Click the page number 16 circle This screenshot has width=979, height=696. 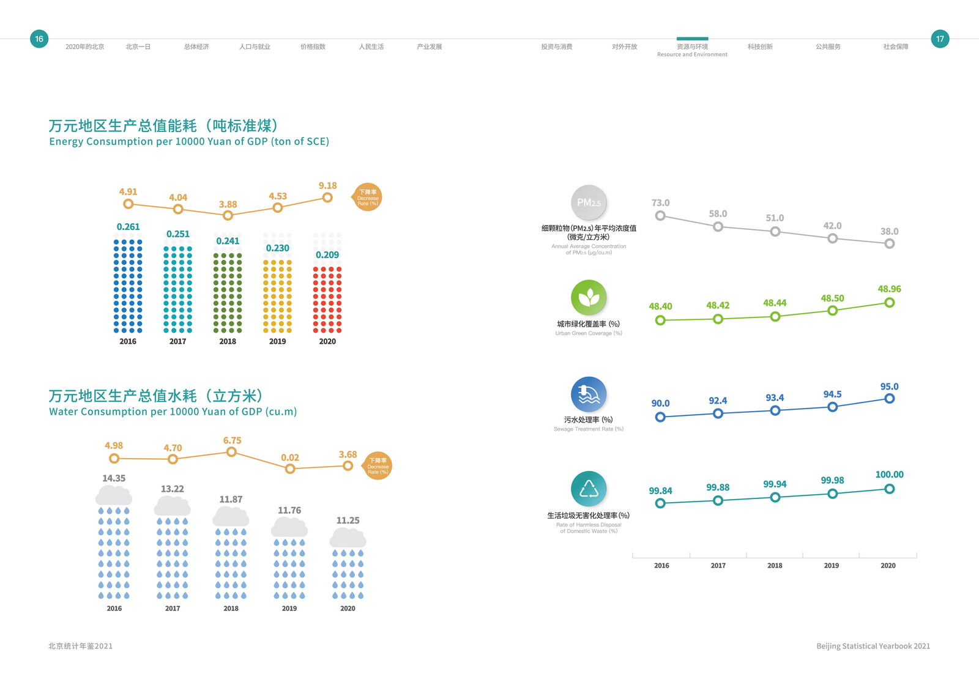coord(39,39)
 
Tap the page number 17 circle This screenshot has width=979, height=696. coord(940,39)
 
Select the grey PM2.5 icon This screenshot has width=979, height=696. coord(589,202)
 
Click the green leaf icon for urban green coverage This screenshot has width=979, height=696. coord(589,297)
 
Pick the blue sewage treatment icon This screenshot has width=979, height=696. coord(589,393)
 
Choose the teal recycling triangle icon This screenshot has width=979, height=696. coord(589,489)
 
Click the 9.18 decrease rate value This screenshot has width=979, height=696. coord(327,186)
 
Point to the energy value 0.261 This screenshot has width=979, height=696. coord(128,227)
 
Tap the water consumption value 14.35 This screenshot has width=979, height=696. coord(114,478)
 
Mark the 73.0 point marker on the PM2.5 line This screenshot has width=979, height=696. coord(660,215)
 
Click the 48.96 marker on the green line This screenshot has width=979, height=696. coord(890,303)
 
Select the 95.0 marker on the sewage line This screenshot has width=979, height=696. coord(890,399)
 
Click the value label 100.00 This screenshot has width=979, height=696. coord(889,475)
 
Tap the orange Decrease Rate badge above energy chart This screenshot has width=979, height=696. coord(368,198)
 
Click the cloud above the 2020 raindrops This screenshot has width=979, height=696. coord(348,538)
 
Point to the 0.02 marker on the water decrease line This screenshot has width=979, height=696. coord(290,468)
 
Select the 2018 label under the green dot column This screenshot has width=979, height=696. coord(228,341)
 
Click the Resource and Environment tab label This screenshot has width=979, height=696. coord(692,50)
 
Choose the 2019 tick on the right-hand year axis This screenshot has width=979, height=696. coord(831,566)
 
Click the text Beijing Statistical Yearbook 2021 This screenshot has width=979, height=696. coord(873,646)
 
